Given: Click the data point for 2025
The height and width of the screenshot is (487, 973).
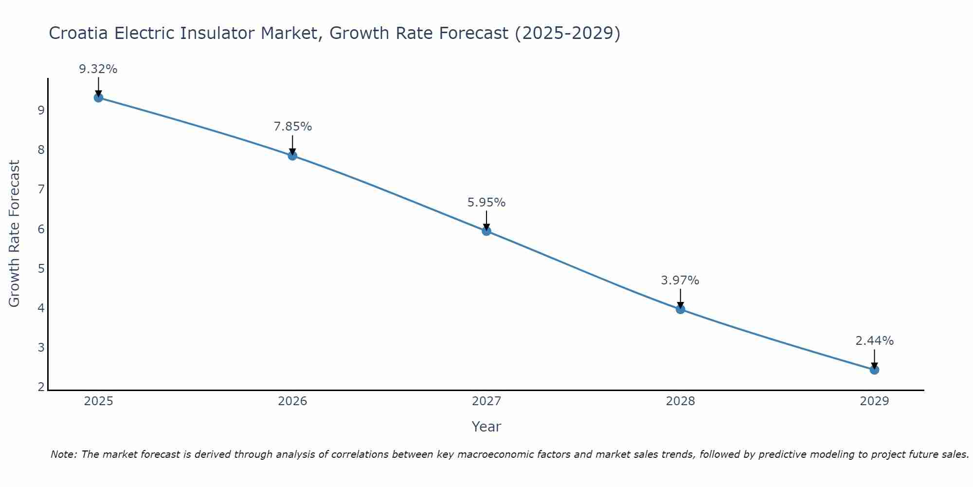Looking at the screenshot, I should (98, 97).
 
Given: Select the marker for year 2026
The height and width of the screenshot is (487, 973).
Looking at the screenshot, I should (292, 156).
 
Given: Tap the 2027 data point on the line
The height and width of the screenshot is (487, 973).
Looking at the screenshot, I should (486, 231).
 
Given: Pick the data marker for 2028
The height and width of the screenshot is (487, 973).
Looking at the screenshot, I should (680, 309).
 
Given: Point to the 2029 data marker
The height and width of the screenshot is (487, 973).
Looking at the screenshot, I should (874, 370).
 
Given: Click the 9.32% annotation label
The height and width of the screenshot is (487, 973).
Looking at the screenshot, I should (98, 69).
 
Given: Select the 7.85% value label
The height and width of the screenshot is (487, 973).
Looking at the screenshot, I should (292, 127).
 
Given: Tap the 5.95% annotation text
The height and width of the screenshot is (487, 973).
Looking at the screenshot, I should (486, 202).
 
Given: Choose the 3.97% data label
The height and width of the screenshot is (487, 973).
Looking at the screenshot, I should (680, 281).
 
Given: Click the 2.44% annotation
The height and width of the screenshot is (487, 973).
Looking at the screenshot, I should (874, 341).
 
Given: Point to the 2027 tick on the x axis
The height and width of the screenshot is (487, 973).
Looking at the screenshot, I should (486, 401).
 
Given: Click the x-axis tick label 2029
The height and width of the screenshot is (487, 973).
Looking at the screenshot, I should (874, 401).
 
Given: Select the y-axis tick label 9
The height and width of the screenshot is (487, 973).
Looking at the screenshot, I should (41, 110).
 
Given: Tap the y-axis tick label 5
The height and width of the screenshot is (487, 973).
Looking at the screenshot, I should (41, 268).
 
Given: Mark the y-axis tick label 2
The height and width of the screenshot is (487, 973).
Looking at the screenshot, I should (41, 387).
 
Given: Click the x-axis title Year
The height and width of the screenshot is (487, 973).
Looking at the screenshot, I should (486, 427).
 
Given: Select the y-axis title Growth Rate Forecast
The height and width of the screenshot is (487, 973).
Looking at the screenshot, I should (15, 234).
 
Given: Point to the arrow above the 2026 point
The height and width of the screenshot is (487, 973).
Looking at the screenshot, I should (292, 145).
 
